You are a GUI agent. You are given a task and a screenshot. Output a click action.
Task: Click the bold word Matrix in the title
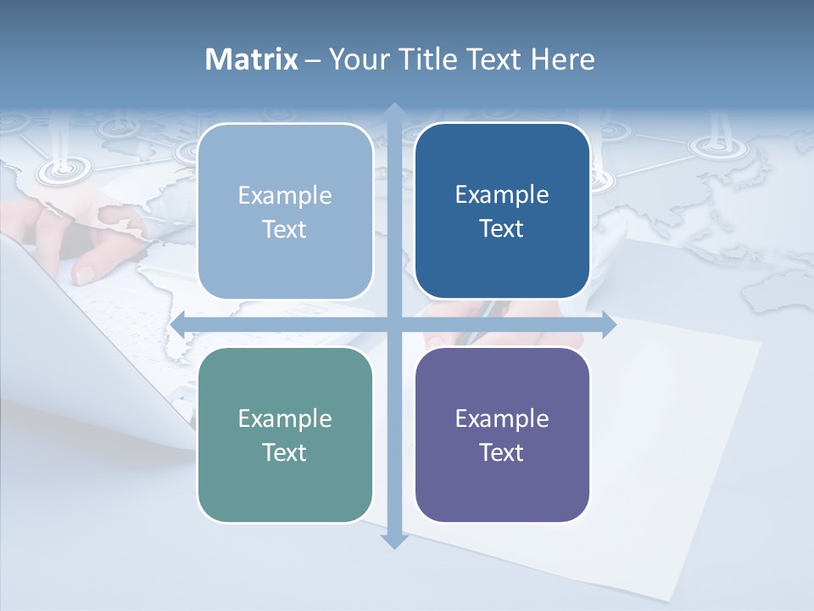[x=252, y=59]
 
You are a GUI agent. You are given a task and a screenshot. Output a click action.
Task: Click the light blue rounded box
[x=285, y=211]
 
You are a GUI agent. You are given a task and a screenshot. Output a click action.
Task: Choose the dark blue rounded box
[x=502, y=211]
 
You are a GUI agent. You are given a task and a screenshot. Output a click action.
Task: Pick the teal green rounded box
[x=285, y=434]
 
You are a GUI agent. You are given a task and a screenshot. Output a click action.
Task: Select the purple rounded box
[x=502, y=434]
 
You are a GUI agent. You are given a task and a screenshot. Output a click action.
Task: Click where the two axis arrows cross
[x=393, y=324]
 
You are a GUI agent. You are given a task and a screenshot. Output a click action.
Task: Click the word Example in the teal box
[x=285, y=418]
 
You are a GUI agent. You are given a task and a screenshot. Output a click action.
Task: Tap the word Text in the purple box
[x=502, y=452]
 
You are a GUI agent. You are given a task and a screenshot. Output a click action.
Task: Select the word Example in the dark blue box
[x=502, y=194]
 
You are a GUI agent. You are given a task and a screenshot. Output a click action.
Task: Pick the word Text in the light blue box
[x=285, y=229]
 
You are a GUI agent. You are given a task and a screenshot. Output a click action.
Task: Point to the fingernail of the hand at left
[x=86, y=274]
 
